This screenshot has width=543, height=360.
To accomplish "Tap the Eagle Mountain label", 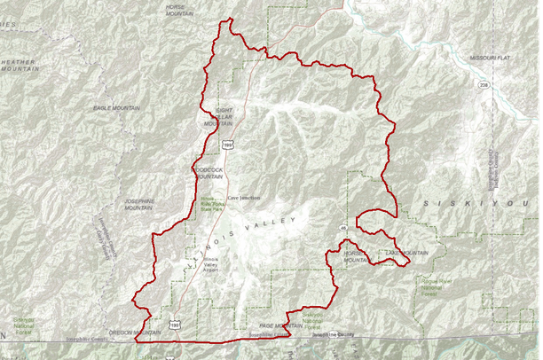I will tap(116, 107).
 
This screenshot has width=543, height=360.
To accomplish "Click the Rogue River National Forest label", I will tap(432, 284).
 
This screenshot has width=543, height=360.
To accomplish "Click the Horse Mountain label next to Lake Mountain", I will tap(355, 257).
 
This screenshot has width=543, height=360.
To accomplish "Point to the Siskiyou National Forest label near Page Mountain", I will tap(318, 319).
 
